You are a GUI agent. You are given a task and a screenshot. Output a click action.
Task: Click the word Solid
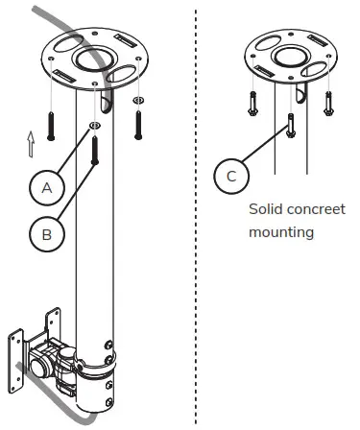coord(265,208)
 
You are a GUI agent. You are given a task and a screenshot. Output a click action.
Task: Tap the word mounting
coord(280,232)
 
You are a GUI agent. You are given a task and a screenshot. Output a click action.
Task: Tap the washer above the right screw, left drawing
coord(138,101)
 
